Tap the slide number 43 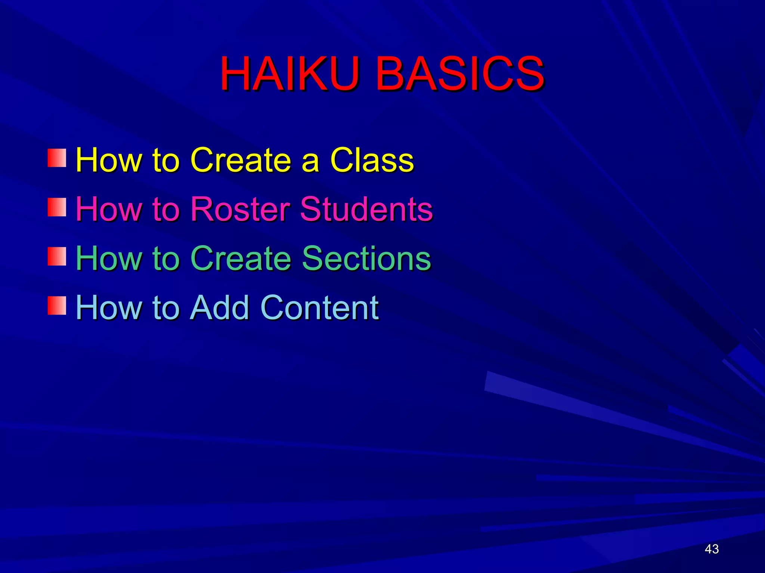click(x=712, y=549)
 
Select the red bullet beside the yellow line click(x=57, y=158)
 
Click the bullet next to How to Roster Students click(x=57, y=207)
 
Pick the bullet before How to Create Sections click(x=57, y=257)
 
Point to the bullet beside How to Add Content click(x=57, y=306)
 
